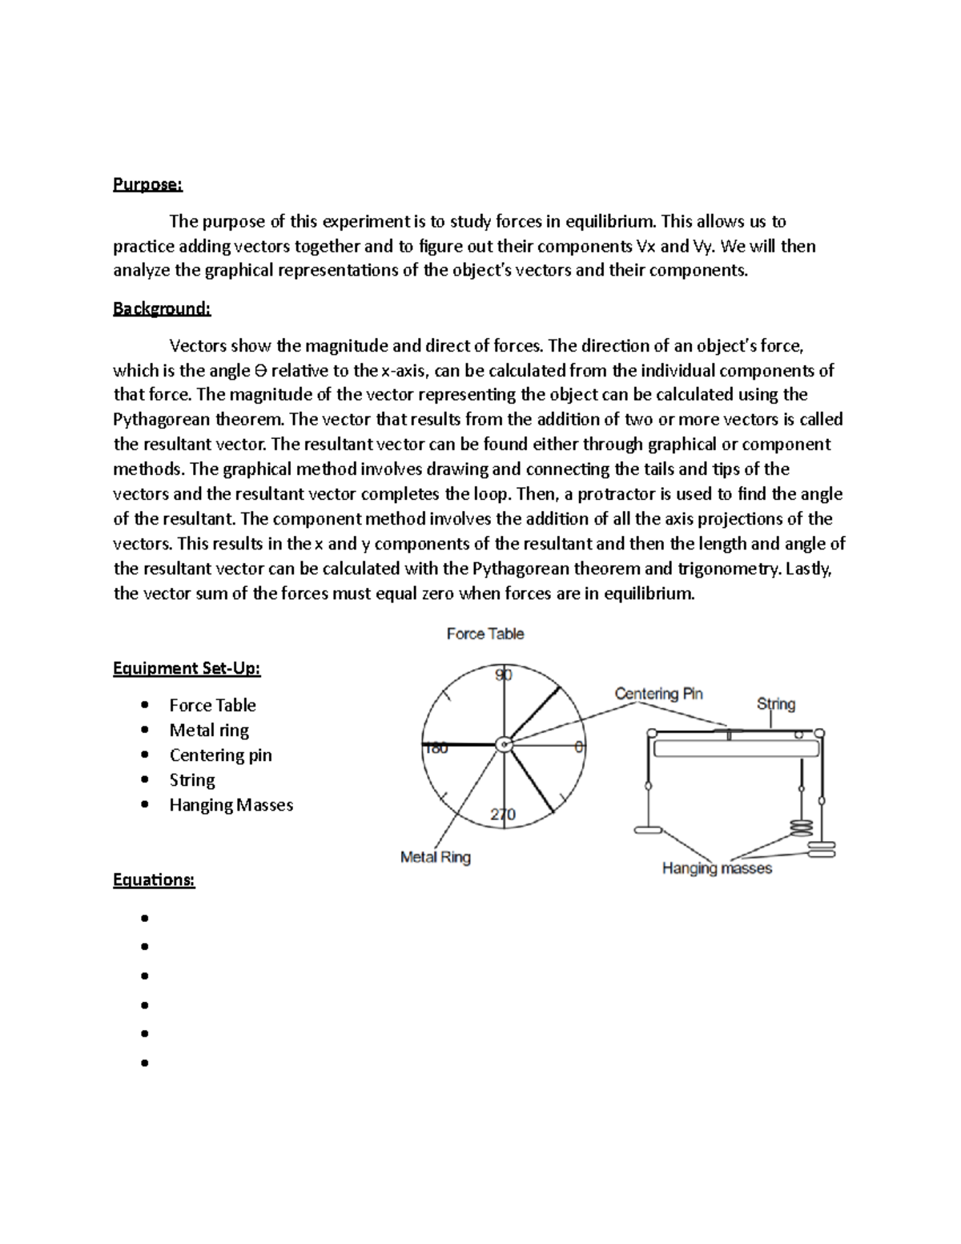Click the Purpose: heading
click(x=147, y=184)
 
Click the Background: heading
click(x=161, y=308)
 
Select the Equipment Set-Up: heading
click(x=187, y=668)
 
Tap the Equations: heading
click(x=154, y=880)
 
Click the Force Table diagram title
click(x=485, y=634)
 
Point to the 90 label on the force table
click(x=503, y=674)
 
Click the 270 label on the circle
click(x=503, y=815)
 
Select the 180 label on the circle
click(x=436, y=748)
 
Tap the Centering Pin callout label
click(x=658, y=694)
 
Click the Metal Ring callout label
click(x=435, y=857)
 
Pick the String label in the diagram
click(x=775, y=704)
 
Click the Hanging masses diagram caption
click(x=717, y=868)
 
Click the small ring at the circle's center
click(x=503, y=744)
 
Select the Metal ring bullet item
click(x=209, y=730)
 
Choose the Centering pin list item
click(x=220, y=755)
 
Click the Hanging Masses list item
click(x=231, y=804)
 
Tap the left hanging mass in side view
click(x=648, y=830)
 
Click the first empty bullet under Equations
click(x=145, y=918)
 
